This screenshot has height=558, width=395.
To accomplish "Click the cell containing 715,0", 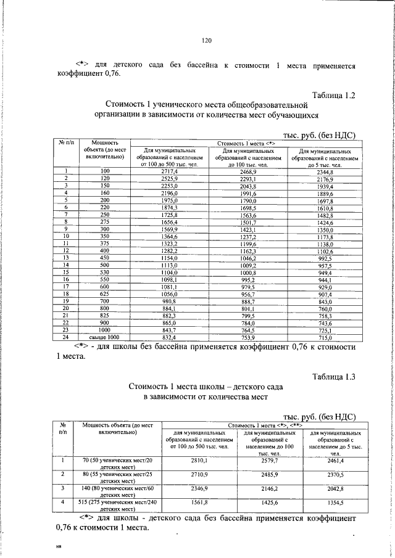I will coord(325,337).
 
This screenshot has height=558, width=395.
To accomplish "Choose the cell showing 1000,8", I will coord(247,272).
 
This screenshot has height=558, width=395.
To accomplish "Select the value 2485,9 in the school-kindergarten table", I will coord(267,475).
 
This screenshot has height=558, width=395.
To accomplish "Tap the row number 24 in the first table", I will coord(65,337).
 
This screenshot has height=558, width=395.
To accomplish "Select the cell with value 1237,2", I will coord(247,236).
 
